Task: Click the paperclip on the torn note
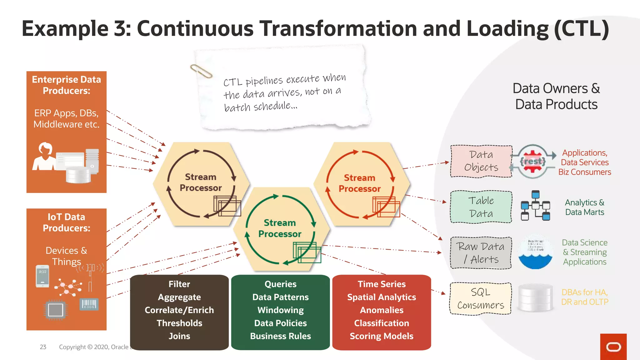coord(201,71)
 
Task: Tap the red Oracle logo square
coord(613,347)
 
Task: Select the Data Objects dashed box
coord(481,161)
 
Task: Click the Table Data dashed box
coord(481,207)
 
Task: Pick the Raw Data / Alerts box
coord(481,253)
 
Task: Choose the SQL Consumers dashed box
coord(480,298)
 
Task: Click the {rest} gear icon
coord(533,161)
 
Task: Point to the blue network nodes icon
coord(535,206)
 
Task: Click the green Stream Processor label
coord(280,228)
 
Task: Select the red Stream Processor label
coord(359,183)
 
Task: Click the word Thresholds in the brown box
coord(179,323)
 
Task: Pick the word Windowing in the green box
coord(280,310)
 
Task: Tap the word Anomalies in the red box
coord(382,310)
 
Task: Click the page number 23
coord(43,347)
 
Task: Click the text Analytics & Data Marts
coord(584,207)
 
